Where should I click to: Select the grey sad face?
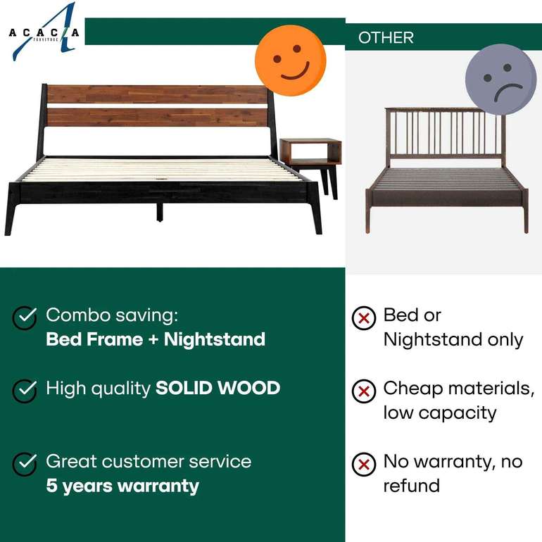[500, 80]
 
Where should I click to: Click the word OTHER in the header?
[386, 38]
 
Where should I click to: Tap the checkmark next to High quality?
[25, 389]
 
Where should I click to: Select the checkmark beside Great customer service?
[25, 463]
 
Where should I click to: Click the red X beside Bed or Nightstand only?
[364, 318]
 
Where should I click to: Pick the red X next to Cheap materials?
[364, 391]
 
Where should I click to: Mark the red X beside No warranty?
[364, 464]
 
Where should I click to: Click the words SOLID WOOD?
[218, 388]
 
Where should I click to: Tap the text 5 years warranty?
[122, 486]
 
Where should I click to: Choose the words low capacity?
[440, 412]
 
